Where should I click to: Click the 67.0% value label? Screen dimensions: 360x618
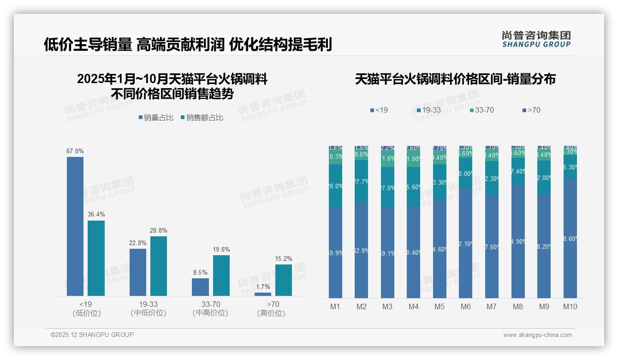[75, 151]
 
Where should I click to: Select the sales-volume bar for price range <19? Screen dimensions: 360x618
[75, 226]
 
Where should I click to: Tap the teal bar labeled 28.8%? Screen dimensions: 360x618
[159, 266]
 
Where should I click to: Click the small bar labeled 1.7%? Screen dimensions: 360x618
[263, 294]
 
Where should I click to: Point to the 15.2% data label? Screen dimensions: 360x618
[284, 258]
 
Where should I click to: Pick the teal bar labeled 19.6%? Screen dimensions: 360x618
[221, 276]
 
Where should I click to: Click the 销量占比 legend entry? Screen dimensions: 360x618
[156, 118]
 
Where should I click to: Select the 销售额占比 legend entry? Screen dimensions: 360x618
[202, 118]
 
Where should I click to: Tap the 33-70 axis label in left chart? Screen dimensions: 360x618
[210, 304]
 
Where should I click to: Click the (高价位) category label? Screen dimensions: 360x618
[271, 313]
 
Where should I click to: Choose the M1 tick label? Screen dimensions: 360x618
[335, 306]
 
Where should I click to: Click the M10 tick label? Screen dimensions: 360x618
[570, 306]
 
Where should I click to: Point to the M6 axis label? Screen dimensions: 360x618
[466, 306]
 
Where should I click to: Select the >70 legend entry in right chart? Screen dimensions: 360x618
[531, 110]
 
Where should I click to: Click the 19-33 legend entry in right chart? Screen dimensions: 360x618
[428, 110]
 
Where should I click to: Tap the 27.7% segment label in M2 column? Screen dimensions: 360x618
[362, 182]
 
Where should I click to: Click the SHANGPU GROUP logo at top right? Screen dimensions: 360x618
[536, 39]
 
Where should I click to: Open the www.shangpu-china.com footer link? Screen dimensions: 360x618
[537, 335]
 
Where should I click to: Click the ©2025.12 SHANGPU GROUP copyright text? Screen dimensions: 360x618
[92, 335]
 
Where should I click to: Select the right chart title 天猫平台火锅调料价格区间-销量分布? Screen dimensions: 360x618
[455, 79]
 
